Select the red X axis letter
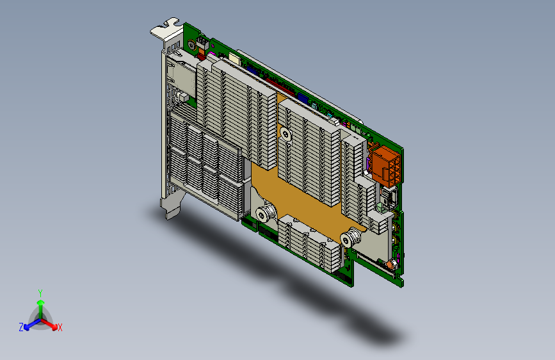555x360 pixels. coord(60,328)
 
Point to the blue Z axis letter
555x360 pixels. coord(21,327)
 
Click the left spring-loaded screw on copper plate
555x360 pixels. coord(264,213)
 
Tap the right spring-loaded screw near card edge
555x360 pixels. coord(350,239)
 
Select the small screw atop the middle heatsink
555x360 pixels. coord(286,134)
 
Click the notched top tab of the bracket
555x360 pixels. coord(165,28)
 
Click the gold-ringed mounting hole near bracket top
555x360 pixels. coord(191,45)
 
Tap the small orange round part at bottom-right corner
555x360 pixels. coord(388,264)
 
